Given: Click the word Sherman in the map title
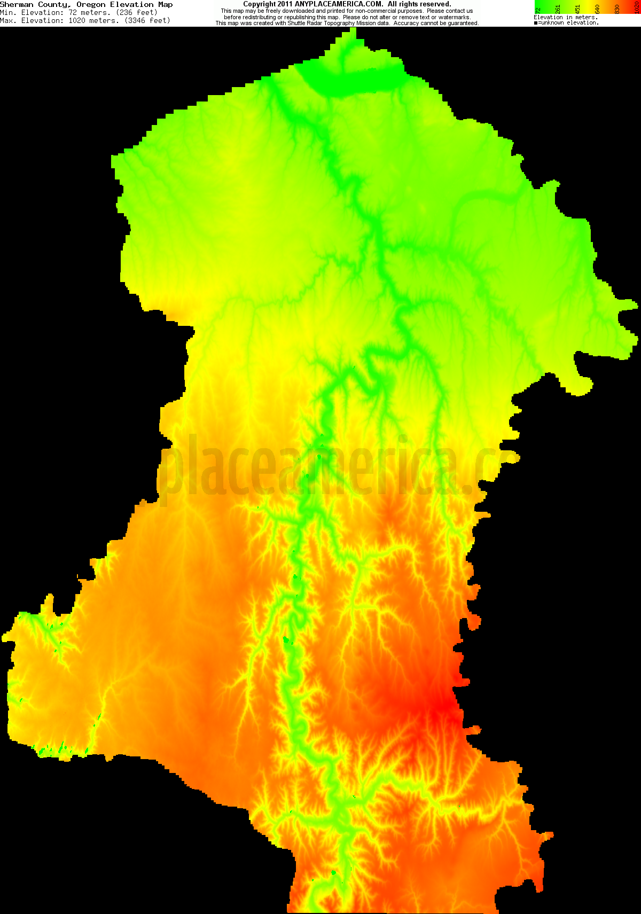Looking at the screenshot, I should (x=17, y=4).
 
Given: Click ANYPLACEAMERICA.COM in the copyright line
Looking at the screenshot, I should (x=339, y=4).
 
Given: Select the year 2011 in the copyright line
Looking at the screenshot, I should (x=285, y=4).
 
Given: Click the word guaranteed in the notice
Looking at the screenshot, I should (x=460, y=24).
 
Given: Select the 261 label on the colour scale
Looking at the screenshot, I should (x=558, y=9).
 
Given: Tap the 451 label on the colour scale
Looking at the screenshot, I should (x=577, y=9).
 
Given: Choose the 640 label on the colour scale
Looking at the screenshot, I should (x=597, y=9).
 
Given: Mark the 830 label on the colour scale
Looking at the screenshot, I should (x=617, y=9).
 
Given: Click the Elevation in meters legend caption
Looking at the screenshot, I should (x=566, y=18).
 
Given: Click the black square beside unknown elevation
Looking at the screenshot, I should (x=536, y=23).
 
